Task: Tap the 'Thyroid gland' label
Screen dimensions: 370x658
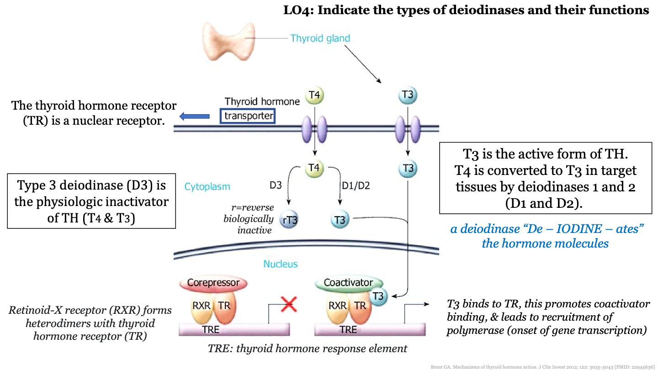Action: pos(320,38)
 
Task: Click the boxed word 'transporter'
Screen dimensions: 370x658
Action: pos(249,116)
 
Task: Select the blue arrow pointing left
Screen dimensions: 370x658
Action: pos(194,116)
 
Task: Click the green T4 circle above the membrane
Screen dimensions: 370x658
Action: pos(314,95)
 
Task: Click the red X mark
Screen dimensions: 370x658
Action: pos(288,303)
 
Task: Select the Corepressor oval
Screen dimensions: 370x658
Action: pos(213,283)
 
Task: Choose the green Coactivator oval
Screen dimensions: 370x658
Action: pos(348,283)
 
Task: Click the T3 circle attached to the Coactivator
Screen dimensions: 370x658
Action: pos(378,296)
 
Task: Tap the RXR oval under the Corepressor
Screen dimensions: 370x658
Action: pos(201,306)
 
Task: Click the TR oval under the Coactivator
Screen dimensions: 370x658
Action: pos(360,306)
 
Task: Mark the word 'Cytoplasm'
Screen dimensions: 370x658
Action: pos(207,187)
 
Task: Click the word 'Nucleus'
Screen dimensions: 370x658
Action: pos(280,264)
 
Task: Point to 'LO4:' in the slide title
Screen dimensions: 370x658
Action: pos(299,10)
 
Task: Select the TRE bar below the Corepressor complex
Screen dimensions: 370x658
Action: pos(233,329)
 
